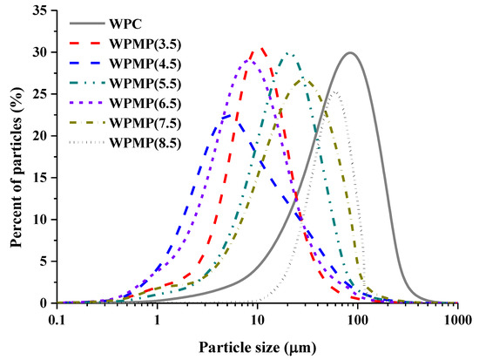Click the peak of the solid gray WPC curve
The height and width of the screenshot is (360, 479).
click(350, 52)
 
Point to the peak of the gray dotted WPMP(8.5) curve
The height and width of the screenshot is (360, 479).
click(334, 92)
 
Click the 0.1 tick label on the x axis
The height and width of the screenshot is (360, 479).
click(57, 317)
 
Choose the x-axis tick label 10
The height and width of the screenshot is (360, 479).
click(258, 317)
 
